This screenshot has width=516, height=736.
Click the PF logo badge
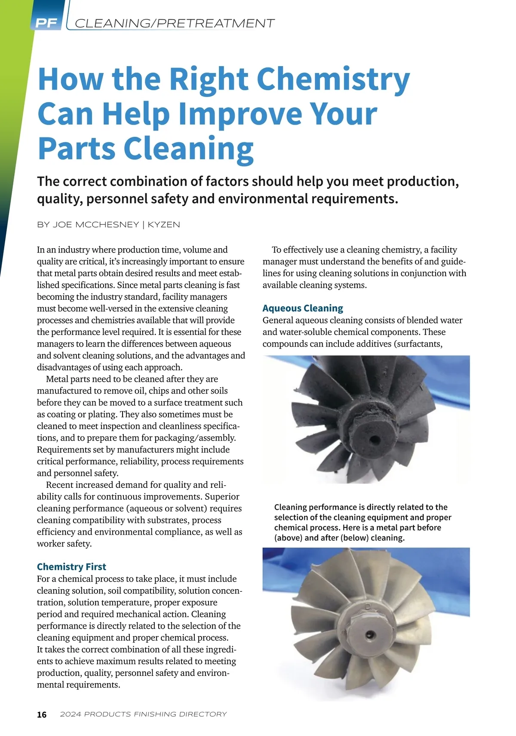pos(46,23)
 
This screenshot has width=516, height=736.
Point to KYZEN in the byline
pos(163,225)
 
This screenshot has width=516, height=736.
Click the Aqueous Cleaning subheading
pos(303,308)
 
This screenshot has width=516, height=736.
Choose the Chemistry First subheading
pos(71,567)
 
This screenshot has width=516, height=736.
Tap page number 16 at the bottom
pos(42,715)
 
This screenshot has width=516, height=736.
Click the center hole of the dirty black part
pos(374,439)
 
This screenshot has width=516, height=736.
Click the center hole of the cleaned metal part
pos(369,634)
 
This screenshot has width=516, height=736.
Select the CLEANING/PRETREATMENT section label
pos(175,23)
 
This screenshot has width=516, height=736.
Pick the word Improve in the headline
pos(240,114)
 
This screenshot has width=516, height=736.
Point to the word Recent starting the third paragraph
pos(59,485)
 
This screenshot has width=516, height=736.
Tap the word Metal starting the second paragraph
pos(57,379)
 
